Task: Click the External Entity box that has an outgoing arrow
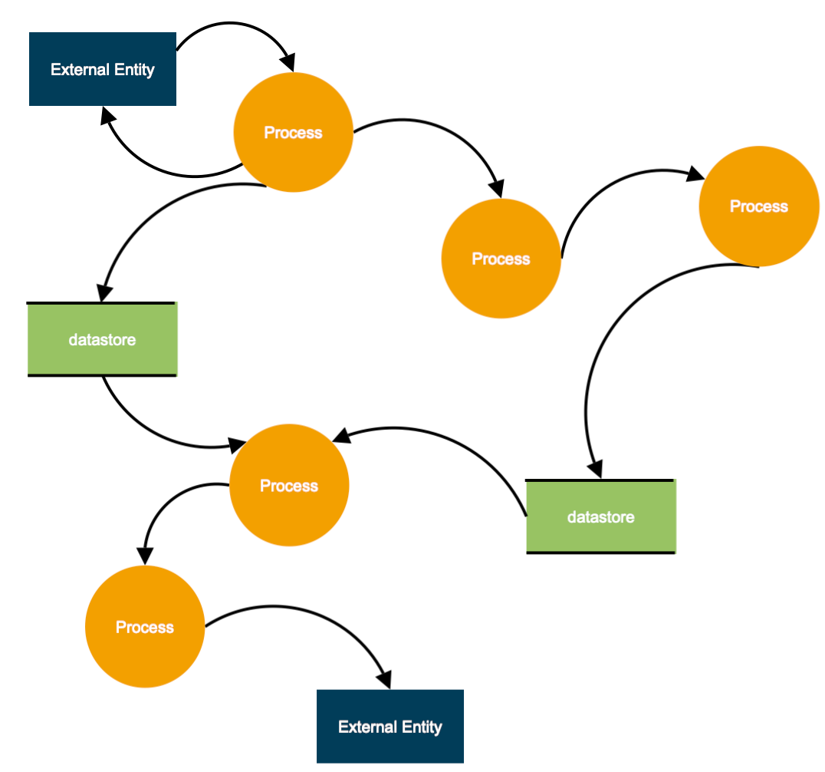click(x=103, y=69)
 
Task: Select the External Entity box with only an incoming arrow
click(x=389, y=726)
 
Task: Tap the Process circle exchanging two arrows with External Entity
click(x=293, y=132)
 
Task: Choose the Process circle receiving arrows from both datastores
click(x=289, y=486)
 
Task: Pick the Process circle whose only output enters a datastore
click(x=758, y=206)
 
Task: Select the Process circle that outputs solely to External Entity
click(x=145, y=627)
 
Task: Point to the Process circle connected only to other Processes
click(x=501, y=259)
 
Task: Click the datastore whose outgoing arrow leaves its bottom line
click(x=102, y=339)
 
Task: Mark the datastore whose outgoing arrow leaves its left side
click(x=600, y=516)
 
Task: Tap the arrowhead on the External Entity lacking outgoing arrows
click(x=383, y=678)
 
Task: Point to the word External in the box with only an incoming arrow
click(x=364, y=727)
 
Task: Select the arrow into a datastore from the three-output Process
click(x=153, y=223)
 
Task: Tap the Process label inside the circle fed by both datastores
click(x=289, y=486)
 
